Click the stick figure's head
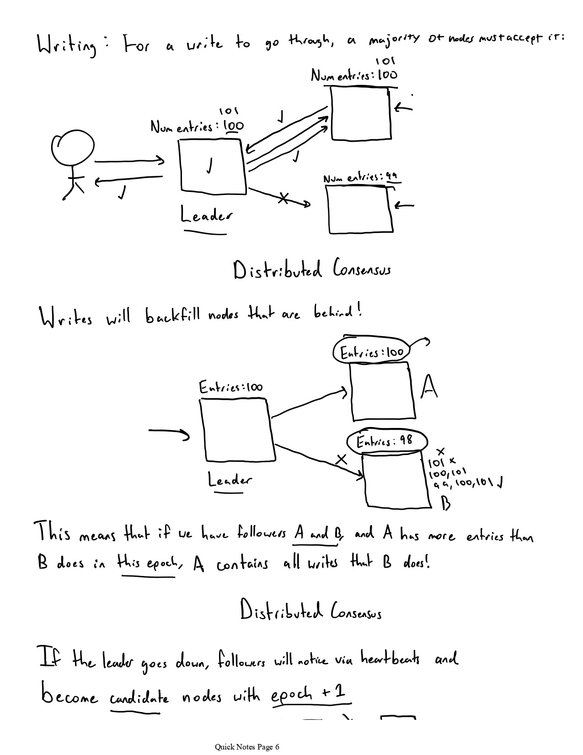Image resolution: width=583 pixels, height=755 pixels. pyautogui.click(x=73, y=148)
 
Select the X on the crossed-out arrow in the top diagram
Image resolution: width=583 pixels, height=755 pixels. pyautogui.click(x=283, y=198)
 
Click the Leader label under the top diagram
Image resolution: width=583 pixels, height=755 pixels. pyautogui.click(x=206, y=215)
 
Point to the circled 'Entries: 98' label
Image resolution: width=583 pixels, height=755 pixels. pyautogui.click(x=386, y=441)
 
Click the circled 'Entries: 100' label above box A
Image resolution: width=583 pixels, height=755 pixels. pyautogui.click(x=372, y=353)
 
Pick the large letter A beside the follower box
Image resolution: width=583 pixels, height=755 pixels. pyautogui.click(x=428, y=387)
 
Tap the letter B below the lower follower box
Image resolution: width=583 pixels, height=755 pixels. pyautogui.click(x=445, y=504)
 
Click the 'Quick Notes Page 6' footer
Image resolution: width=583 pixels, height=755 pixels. pyautogui.click(x=247, y=747)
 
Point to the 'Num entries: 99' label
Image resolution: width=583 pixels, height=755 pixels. pyautogui.click(x=360, y=178)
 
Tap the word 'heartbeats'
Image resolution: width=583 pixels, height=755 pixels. pyautogui.click(x=390, y=659)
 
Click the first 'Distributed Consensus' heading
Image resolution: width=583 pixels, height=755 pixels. pyautogui.click(x=312, y=270)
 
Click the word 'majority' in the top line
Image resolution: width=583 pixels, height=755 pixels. pyautogui.click(x=394, y=40)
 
